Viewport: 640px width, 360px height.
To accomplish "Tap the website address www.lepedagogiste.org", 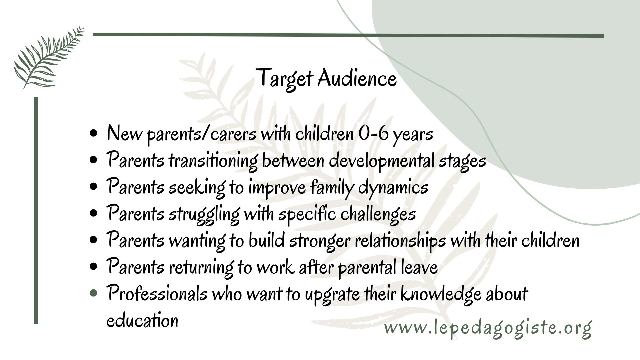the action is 488,329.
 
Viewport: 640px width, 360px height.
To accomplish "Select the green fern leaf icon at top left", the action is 49,57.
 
